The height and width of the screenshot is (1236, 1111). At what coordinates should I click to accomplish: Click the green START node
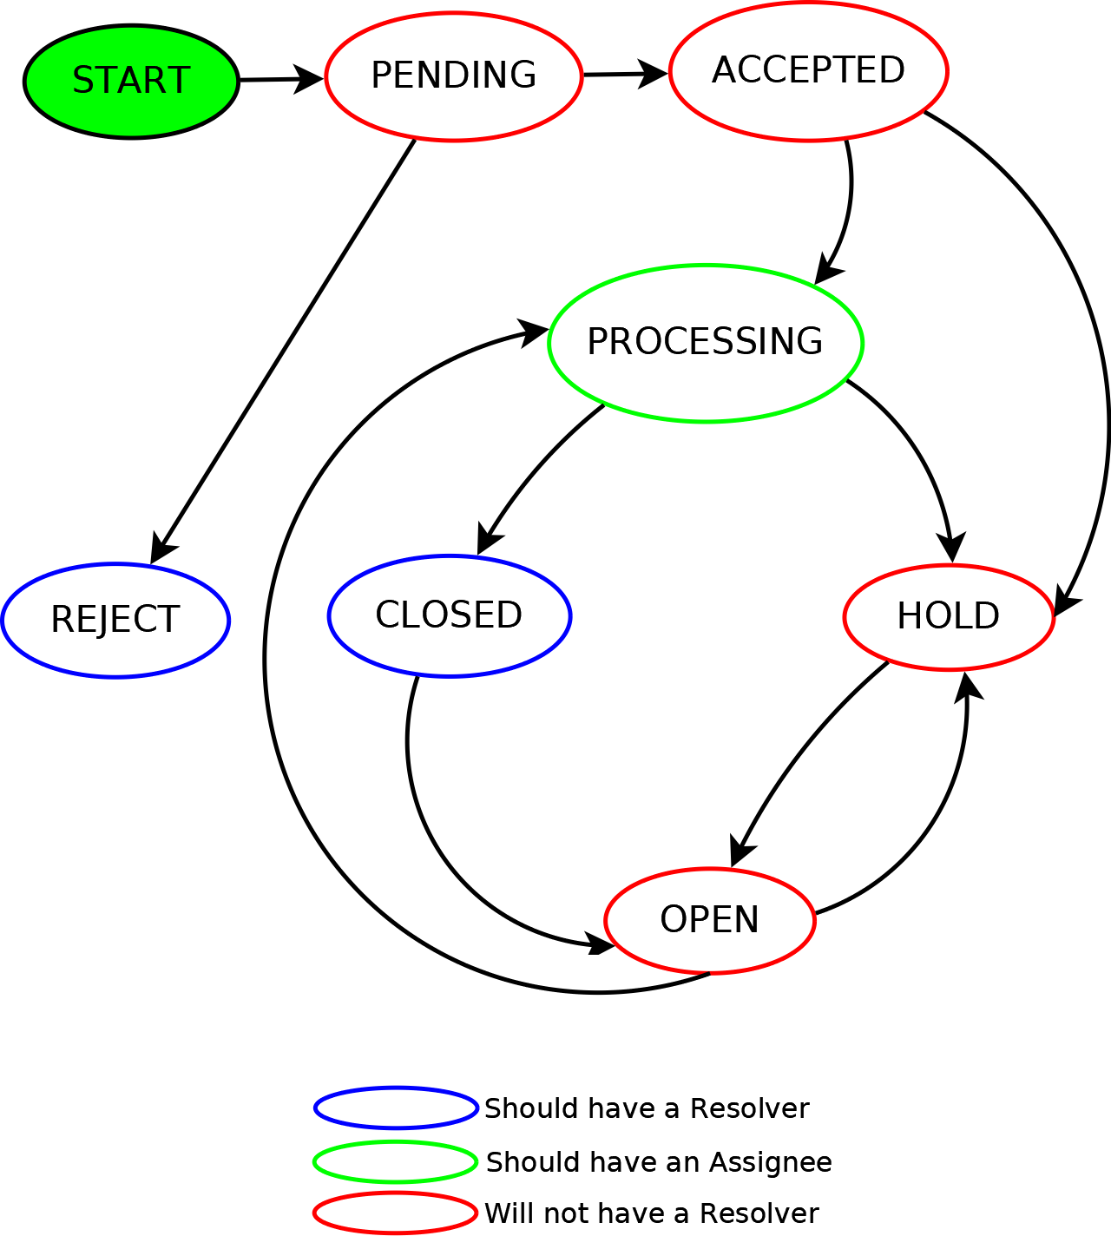(131, 82)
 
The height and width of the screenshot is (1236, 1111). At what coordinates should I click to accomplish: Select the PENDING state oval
(453, 76)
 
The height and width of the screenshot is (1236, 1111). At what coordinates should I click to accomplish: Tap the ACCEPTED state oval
(808, 71)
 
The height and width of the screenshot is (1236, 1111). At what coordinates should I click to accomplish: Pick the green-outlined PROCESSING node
(705, 343)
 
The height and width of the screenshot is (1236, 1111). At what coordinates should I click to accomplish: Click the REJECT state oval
(115, 620)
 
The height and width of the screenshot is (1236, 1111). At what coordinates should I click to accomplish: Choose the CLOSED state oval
(449, 615)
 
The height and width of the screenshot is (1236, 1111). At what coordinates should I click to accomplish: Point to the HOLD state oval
(948, 617)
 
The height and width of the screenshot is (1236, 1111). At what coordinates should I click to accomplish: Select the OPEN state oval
(709, 920)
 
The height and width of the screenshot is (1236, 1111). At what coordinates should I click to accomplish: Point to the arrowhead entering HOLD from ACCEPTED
(1065, 599)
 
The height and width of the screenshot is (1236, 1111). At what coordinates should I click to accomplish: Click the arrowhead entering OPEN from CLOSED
(599, 943)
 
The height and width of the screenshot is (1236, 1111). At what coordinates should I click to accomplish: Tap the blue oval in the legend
(396, 1108)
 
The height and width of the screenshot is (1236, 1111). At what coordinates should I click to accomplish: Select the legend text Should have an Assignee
(659, 1162)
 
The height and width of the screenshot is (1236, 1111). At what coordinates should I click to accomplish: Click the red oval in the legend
(396, 1213)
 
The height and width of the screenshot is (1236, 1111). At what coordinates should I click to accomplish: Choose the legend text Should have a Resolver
(647, 1108)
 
